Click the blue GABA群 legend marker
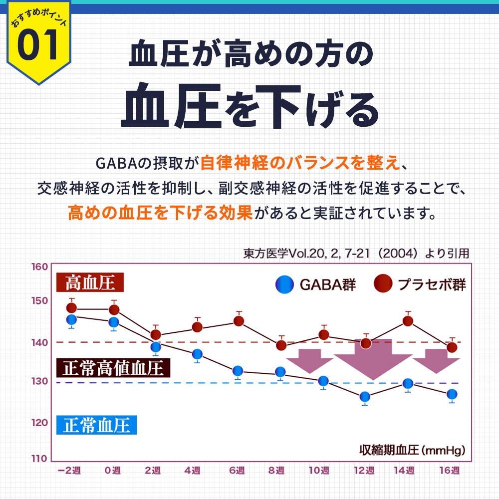pos(285,285)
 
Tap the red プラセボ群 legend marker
pos(383,285)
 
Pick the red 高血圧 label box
pos(90,283)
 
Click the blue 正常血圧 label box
pos(97,425)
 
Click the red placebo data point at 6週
pos(239,321)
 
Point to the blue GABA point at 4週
pos(197,354)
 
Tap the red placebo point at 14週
pos(408,321)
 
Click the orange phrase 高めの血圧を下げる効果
pos(160,214)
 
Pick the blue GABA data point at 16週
pos(452,394)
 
